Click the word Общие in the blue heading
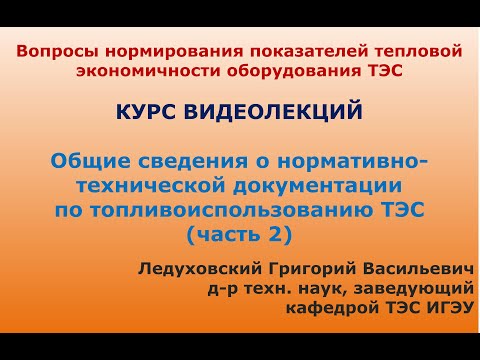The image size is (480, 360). [82, 160]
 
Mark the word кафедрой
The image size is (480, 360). [303, 311]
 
